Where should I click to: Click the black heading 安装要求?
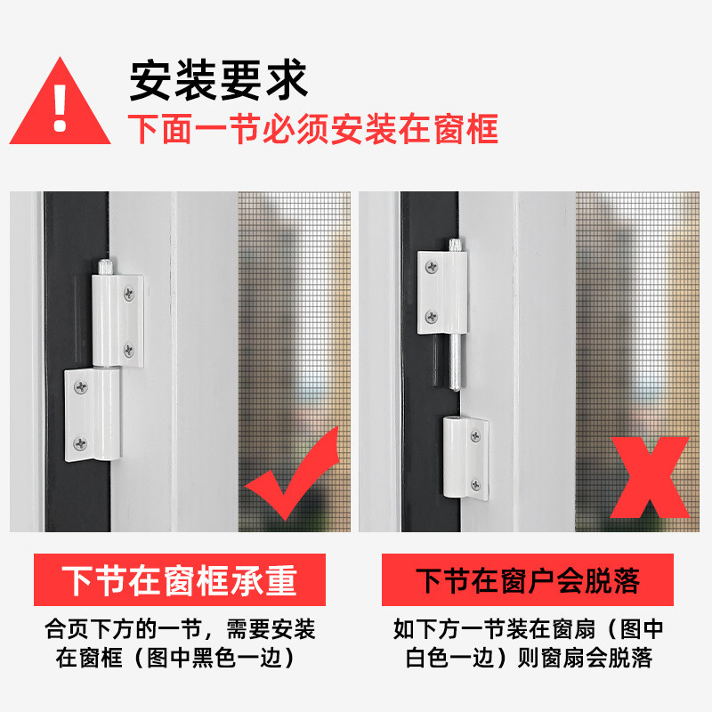point(219,80)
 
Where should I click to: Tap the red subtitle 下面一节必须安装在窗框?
point(313,129)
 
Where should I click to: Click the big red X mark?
point(650,477)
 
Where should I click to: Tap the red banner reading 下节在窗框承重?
point(180,580)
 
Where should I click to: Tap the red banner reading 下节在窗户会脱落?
point(527,580)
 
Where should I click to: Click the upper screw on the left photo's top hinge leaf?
point(129,294)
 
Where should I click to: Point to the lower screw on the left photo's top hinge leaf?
point(129,349)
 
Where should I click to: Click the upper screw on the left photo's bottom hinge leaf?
point(81,387)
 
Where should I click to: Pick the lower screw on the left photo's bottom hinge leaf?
point(80,443)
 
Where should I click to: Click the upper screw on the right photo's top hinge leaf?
point(432,267)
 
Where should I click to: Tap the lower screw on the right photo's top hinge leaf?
point(432,317)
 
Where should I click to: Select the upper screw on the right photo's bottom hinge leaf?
point(475,436)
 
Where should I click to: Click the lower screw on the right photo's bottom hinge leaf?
point(475,485)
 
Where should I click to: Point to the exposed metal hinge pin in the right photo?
point(456,362)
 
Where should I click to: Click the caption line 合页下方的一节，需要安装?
point(180,629)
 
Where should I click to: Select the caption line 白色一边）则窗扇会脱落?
point(529,658)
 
